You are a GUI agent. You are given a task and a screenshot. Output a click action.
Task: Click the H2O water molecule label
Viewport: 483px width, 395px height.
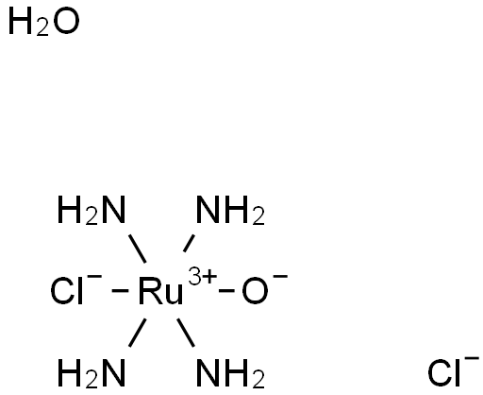coord(43,23)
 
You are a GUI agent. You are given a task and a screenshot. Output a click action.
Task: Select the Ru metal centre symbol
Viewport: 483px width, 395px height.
coord(160,291)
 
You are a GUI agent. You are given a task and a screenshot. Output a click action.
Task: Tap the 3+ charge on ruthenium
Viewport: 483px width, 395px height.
coord(202,276)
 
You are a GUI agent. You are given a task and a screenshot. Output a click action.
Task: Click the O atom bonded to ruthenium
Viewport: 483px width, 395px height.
coord(255,291)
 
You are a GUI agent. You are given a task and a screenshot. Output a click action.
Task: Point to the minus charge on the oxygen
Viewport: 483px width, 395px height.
coord(280,277)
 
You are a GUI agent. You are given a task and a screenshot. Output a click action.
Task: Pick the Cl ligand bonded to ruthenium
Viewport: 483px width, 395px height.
coord(67,291)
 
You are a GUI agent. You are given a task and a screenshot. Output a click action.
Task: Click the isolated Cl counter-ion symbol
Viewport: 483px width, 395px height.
coord(444,373)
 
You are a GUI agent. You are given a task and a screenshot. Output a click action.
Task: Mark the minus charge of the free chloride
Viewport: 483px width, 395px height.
coord(472,358)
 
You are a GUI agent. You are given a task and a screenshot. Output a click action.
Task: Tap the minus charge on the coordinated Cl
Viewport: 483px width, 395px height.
coord(94,277)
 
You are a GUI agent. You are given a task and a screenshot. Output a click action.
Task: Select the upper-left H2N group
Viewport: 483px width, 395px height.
coord(92,211)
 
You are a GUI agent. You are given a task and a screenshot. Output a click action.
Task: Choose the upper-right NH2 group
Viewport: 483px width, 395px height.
coord(230,211)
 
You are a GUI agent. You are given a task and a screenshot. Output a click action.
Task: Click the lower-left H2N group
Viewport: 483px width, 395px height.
coord(92,373)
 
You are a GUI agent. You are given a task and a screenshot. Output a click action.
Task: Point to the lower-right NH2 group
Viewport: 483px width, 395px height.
coord(230,373)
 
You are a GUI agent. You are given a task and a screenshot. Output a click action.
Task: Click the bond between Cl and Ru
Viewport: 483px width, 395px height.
coord(120,291)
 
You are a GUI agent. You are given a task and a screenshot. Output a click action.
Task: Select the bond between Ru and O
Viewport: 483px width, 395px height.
coord(226,291)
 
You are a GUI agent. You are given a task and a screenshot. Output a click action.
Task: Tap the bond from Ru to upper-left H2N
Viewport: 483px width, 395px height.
coord(138,249)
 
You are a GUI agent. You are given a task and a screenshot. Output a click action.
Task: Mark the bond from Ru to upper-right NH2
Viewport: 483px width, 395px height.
coord(189,243)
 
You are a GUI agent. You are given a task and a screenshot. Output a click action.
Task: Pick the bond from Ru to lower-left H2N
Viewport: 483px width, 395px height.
coord(138,333)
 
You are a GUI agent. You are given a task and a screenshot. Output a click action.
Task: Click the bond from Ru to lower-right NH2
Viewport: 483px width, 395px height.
coord(186,333)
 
